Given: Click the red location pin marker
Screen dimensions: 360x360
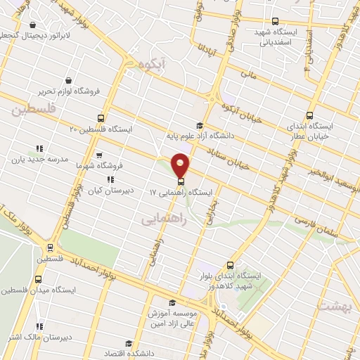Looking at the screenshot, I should [181, 165].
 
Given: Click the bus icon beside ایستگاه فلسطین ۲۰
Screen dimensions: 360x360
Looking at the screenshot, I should [101, 118].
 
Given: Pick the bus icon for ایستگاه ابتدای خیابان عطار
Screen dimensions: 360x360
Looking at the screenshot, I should [310, 115].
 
